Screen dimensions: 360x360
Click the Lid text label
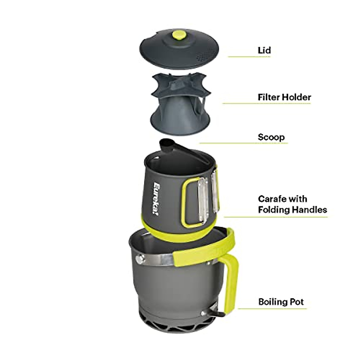click(x=264, y=50)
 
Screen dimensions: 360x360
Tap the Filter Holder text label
click(x=284, y=97)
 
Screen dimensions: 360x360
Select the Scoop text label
click(x=271, y=137)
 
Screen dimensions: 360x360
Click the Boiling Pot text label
click(x=281, y=301)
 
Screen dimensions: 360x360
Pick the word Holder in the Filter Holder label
click(x=297, y=97)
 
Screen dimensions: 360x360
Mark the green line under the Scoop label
click(x=243, y=143)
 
